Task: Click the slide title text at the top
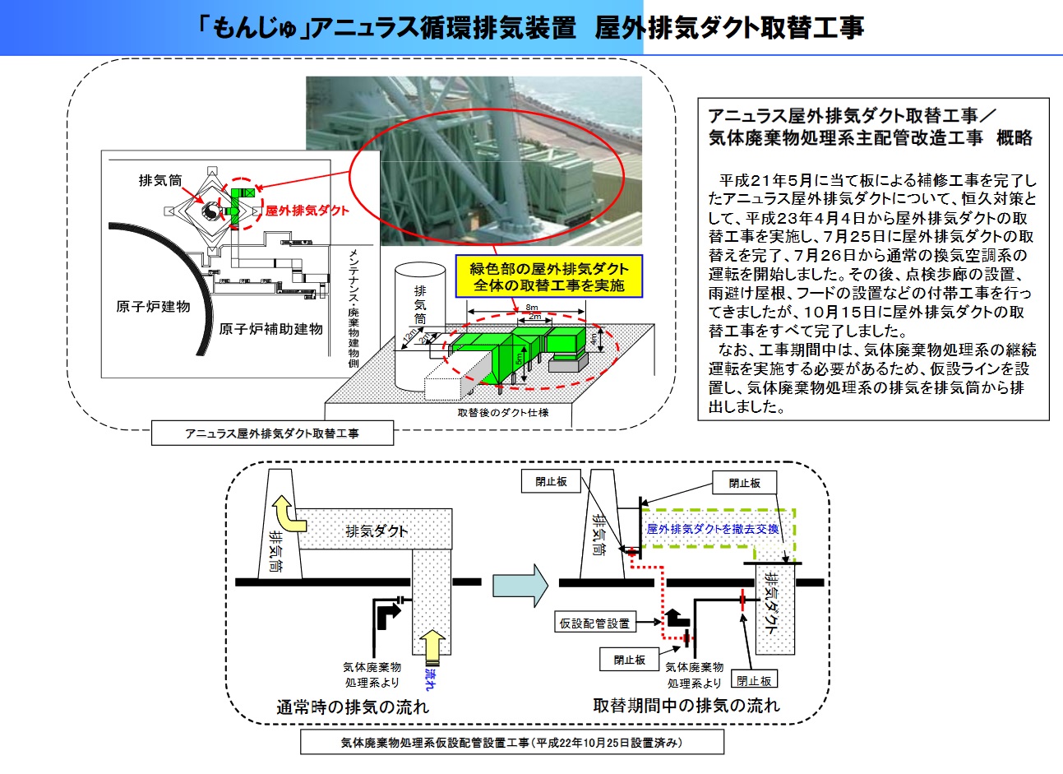pyautogui.click(x=530, y=28)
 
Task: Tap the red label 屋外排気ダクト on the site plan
pyautogui.click(x=307, y=211)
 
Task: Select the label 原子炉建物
pyautogui.click(x=153, y=307)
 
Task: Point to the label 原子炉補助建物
pyautogui.click(x=270, y=329)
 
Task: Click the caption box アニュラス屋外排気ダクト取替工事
pyautogui.click(x=272, y=433)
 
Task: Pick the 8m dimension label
pyautogui.click(x=531, y=308)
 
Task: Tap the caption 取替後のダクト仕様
pyautogui.click(x=502, y=412)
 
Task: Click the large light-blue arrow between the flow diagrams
pyautogui.click(x=520, y=582)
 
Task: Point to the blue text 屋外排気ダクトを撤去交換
pyautogui.click(x=712, y=529)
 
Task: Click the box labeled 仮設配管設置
pyautogui.click(x=594, y=623)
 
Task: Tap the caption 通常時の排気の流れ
pyautogui.click(x=352, y=707)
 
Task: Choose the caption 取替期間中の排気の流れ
pyautogui.click(x=686, y=706)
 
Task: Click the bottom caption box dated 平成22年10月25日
pyautogui.click(x=511, y=743)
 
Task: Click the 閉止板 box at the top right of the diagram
pyautogui.click(x=744, y=484)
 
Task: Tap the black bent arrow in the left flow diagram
pyautogui.click(x=387, y=614)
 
